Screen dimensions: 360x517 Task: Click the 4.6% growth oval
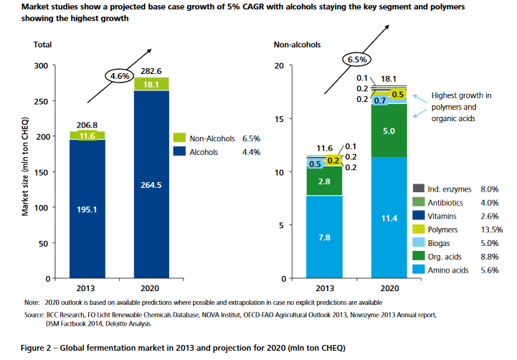pyautogui.click(x=119, y=74)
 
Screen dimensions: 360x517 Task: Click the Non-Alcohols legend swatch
pyautogui.click(x=181, y=136)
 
